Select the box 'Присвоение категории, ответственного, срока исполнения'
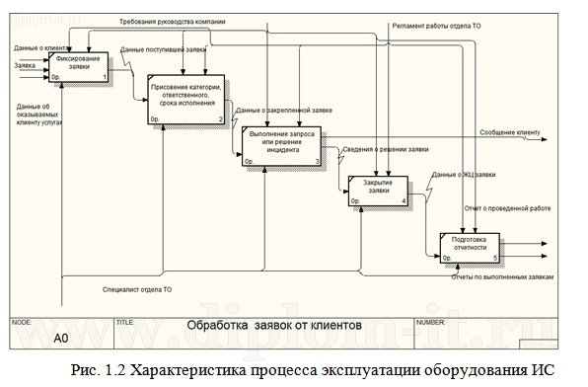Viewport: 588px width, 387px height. [186, 99]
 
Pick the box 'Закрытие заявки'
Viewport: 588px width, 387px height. [377, 188]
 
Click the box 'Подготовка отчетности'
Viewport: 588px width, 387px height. [470, 246]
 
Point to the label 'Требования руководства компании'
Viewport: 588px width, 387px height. [172, 20]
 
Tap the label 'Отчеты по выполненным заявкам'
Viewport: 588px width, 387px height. [501, 277]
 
